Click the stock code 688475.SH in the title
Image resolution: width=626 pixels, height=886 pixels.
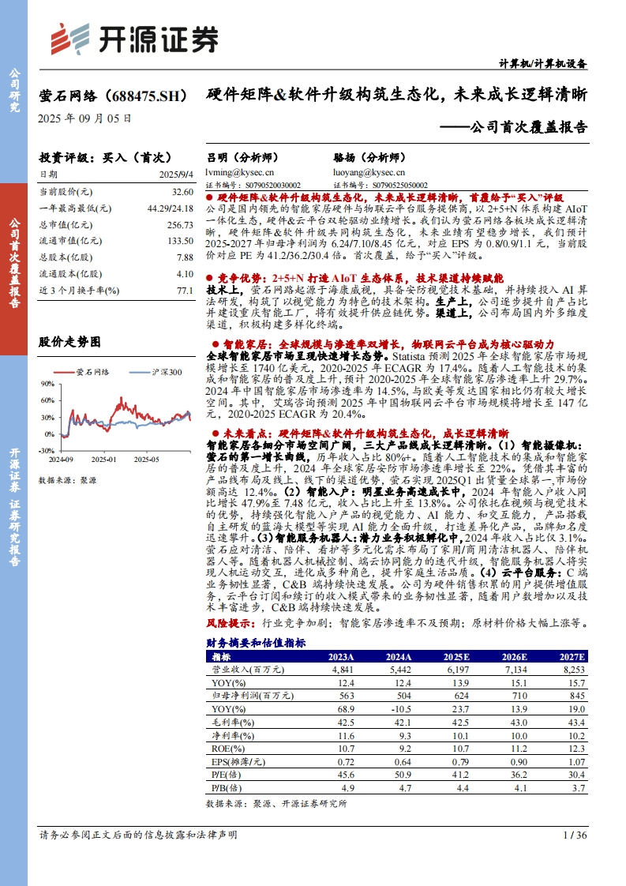pos(145,96)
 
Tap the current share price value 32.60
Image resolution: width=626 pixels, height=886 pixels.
pos(182,192)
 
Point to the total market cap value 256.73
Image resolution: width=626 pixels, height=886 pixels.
pos(179,225)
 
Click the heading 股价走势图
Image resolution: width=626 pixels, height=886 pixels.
pos(70,342)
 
